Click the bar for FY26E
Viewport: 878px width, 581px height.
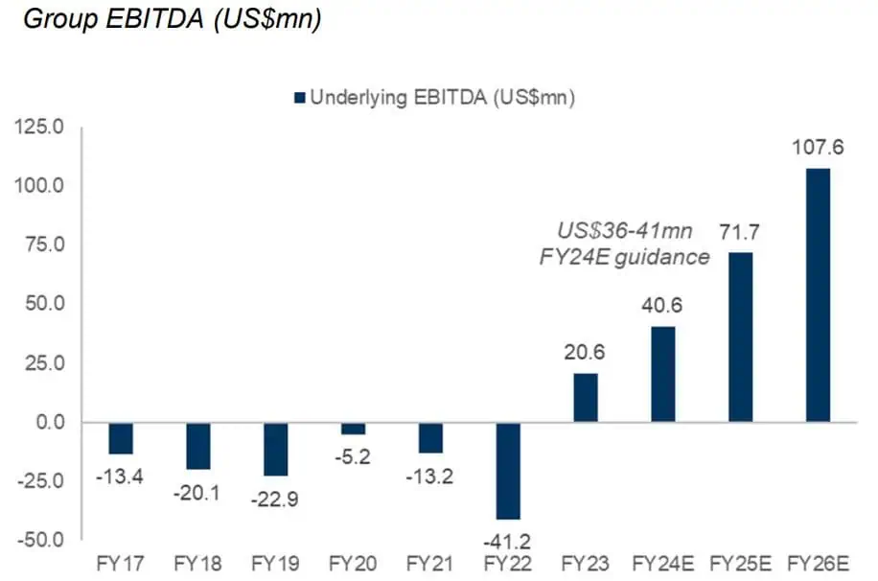click(x=818, y=294)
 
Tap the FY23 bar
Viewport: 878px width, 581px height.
click(x=586, y=398)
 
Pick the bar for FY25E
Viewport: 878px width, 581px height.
click(x=741, y=337)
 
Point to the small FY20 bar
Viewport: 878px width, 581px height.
click(x=353, y=428)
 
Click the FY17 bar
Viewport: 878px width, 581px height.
click(x=121, y=438)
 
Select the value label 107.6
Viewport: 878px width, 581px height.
click(x=818, y=149)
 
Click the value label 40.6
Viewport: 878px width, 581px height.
click(x=663, y=309)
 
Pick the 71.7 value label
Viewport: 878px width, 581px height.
click(x=741, y=232)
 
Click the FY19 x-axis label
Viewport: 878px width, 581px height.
click(x=275, y=563)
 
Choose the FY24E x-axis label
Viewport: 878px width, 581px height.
click(x=663, y=563)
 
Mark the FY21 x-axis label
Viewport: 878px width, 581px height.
click(x=430, y=563)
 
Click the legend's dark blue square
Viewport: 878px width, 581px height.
click(x=299, y=96)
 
